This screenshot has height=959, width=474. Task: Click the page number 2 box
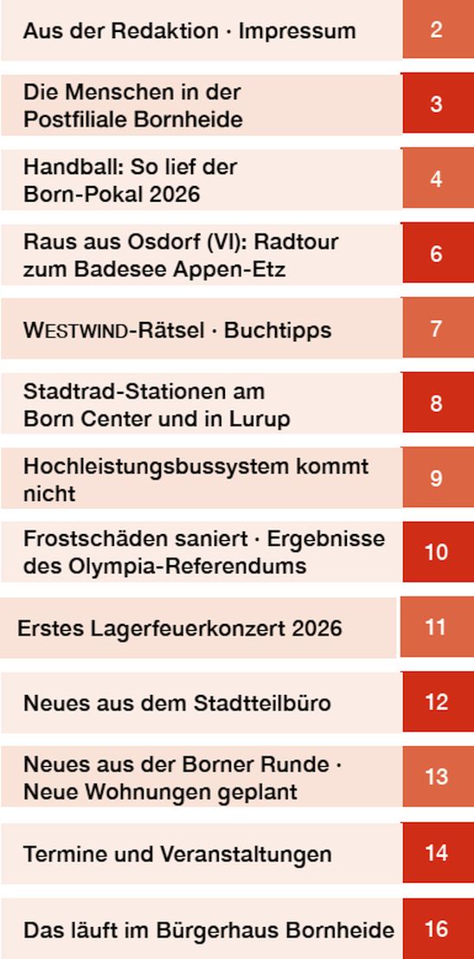tap(438, 29)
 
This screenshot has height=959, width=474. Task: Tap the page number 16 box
tap(438, 929)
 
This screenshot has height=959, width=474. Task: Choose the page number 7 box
tap(438, 328)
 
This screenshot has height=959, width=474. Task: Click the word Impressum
tap(297, 30)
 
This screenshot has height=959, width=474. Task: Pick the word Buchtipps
tap(278, 331)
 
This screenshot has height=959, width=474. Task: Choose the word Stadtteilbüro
tap(262, 704)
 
